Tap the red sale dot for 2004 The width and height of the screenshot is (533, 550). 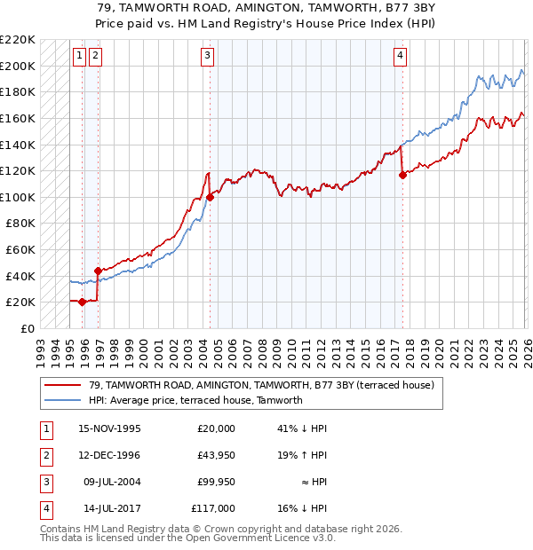click(x=210, y=197)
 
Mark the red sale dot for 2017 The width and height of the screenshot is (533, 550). click(x=402, y=175)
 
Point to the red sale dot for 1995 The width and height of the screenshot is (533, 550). click(x=83, y=302)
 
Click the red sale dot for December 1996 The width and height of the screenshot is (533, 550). click(x=98, y=271)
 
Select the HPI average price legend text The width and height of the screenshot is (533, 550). click(x=195, y=400)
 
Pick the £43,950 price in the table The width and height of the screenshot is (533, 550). click(x=215, y=455)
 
